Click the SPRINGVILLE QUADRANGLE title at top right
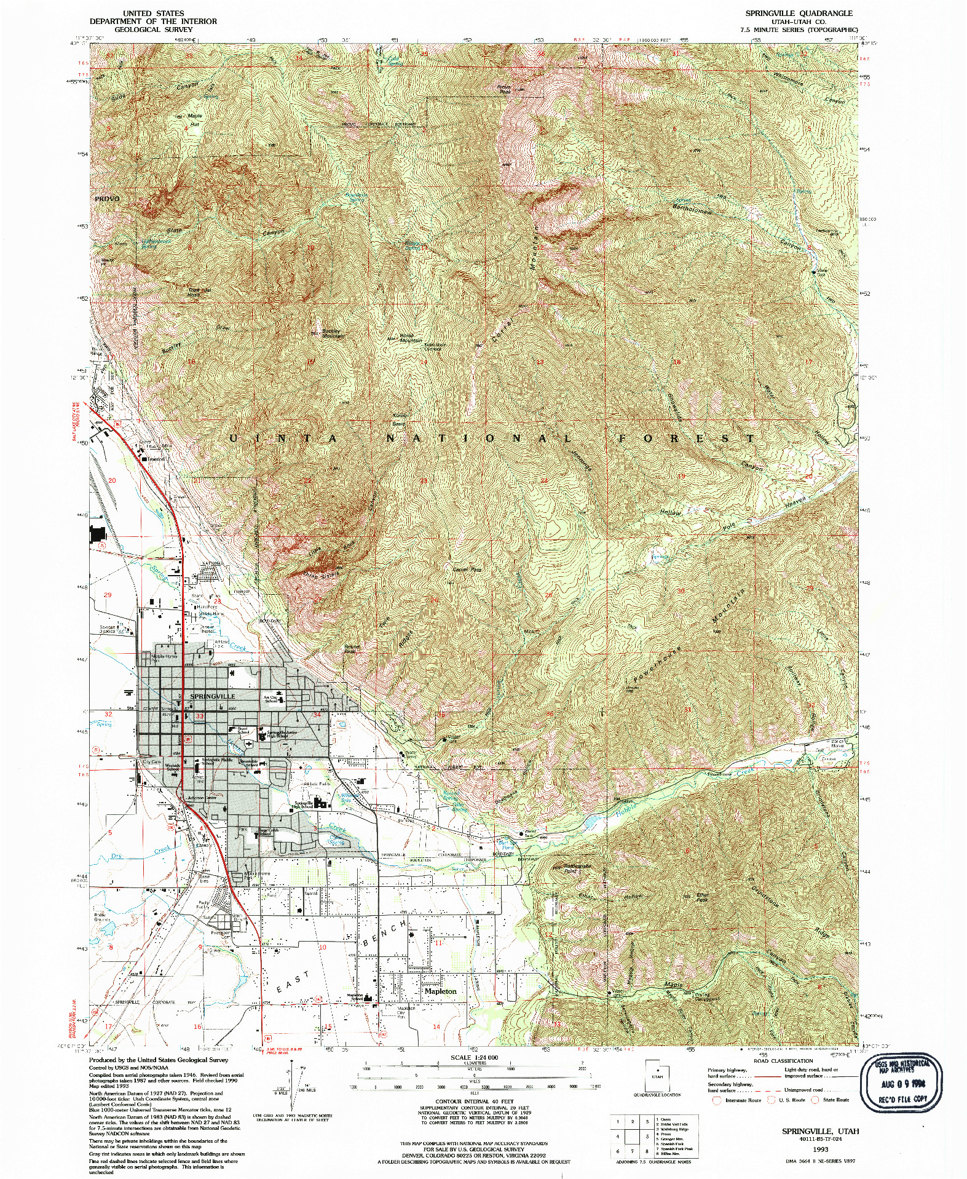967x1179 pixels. coord(799,13)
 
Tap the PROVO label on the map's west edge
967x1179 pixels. coord(107,199)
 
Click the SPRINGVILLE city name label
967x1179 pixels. coord(213,696)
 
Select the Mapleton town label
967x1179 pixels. coord(441,991)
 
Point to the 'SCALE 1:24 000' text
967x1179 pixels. coord(475,1057)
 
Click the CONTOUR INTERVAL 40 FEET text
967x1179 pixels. coord(475,1101)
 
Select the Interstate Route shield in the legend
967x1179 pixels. coord(716,1100)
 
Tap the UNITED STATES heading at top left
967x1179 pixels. coord(153,13)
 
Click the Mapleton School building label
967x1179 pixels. coord(356,996)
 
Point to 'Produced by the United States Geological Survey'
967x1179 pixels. coord(158,1060)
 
